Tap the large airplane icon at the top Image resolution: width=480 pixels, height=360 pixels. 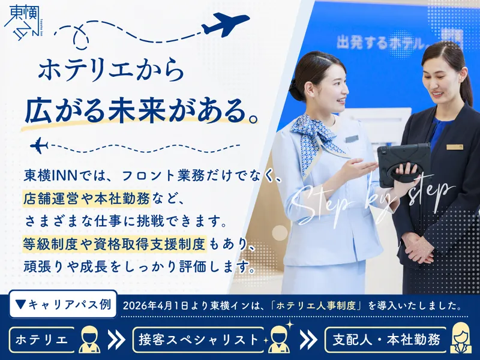[225, 25]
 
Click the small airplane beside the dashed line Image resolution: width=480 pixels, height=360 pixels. [39, 145]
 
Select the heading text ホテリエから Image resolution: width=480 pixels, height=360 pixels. [110, 70]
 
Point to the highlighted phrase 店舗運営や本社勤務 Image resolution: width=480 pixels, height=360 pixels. [86, 198]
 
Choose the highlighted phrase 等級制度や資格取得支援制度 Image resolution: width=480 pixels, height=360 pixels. [115, 244]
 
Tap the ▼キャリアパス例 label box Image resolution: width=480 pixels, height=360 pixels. [63, 304]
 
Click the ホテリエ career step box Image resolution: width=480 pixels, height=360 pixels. [41, 340]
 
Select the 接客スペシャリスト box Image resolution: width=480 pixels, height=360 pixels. [199, 340]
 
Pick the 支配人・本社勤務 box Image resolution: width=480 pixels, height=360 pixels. [386, 340]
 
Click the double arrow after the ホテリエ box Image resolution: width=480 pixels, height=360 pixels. [116, 340]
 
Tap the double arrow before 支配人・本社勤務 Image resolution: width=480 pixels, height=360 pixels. [308, 340]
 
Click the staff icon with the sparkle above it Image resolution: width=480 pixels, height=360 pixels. [279, 339]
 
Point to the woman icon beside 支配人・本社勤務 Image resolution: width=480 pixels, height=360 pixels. [461, 338]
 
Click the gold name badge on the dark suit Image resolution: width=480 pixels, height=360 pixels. [455, 147]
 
